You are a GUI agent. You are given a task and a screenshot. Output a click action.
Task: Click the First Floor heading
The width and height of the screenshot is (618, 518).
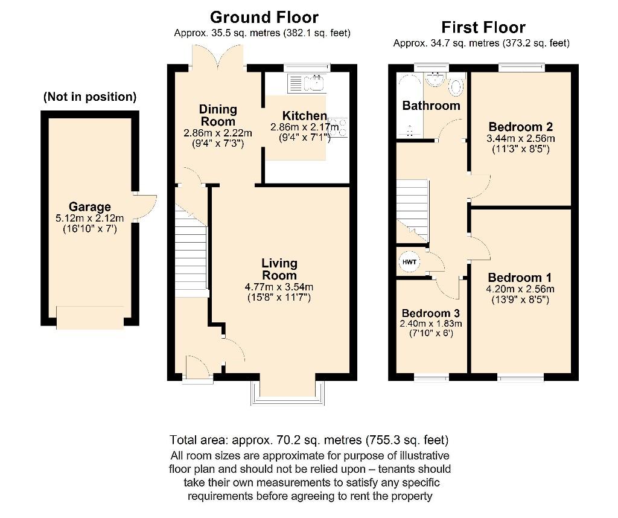[483, 27]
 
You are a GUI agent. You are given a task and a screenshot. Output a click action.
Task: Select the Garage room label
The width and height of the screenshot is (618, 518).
[89, 207]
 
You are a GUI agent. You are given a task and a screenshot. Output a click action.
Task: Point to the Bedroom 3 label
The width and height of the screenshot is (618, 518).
[431, 313]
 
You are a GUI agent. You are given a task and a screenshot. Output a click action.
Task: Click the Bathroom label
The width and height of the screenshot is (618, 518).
[431, 106]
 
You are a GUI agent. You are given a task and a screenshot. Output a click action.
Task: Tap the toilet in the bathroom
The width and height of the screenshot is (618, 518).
[457, 87]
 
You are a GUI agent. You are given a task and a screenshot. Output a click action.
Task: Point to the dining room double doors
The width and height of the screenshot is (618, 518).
[218, 57]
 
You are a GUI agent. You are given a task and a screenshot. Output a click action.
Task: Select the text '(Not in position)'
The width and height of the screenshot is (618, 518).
[89, 97]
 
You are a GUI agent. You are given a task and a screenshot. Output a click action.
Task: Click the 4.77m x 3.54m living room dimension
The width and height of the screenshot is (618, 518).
[279, 287]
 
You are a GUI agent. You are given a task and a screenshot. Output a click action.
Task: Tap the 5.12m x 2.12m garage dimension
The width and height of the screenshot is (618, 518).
[89, 219]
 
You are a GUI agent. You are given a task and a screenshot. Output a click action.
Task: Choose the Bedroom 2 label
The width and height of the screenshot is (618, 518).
[520, 127]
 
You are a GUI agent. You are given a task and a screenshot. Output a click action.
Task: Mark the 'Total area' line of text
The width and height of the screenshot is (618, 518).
[309, 440]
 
